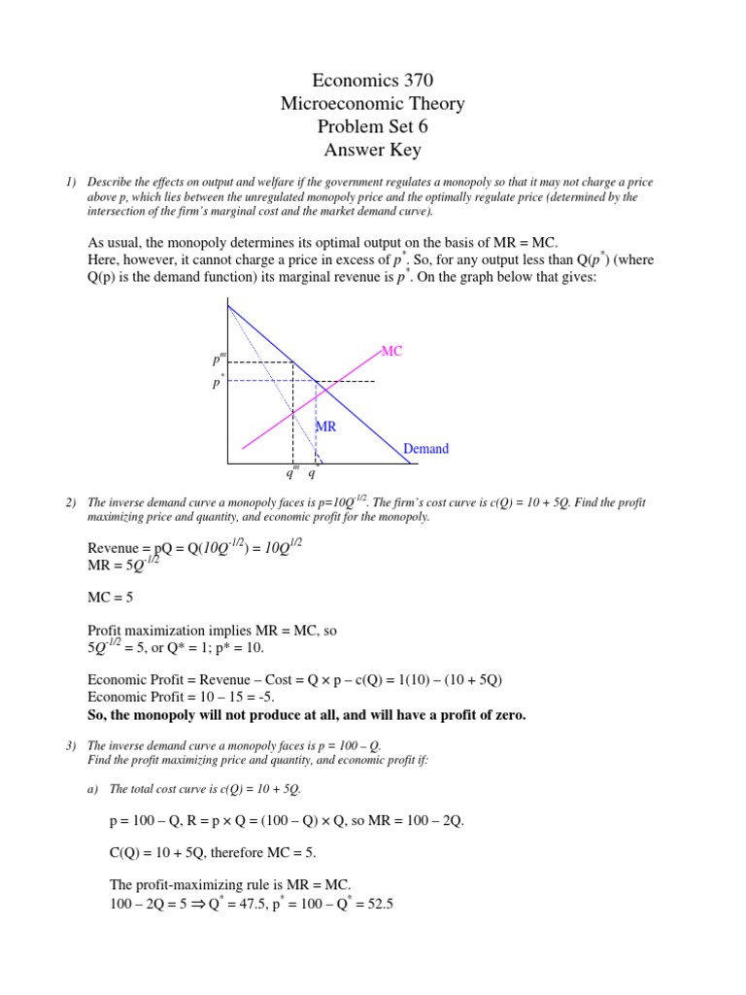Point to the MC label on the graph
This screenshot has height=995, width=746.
[390, 351]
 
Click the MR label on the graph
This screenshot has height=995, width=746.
[325, 427]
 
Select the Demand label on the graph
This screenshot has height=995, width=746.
[426, 449]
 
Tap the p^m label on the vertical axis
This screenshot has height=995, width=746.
[219, 360]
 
